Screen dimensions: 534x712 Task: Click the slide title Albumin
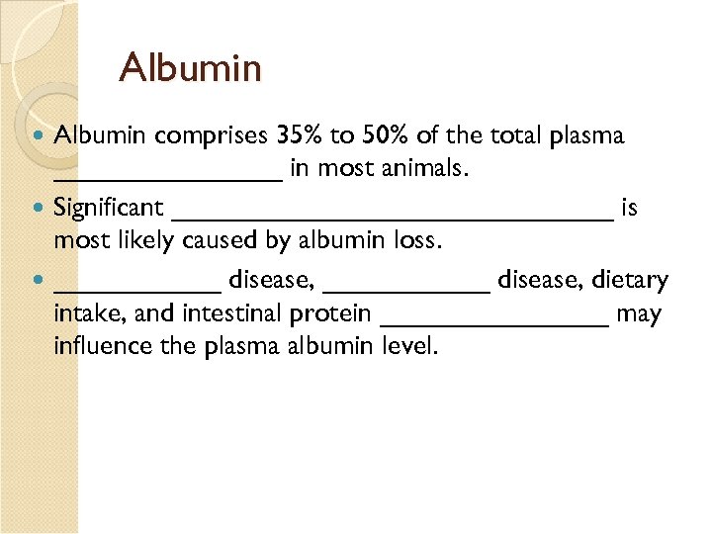190,68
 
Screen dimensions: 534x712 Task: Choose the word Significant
109,208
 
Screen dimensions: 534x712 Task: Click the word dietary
630,282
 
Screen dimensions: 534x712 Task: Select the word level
407,347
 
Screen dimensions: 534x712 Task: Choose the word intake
83,314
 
